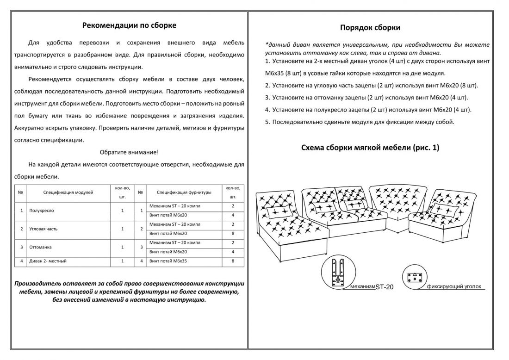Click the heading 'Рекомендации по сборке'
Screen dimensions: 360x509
(x=129, y=25)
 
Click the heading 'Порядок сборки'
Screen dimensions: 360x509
(x=370, y=28)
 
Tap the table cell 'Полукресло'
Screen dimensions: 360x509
(x=41, y=210)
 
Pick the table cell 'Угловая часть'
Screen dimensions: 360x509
(x=43, y=229)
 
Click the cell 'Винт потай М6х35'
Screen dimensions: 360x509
(x=168, y=261)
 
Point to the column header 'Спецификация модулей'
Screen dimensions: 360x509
(x=68, y=192)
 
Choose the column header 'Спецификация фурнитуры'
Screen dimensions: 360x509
(x=184, y=192)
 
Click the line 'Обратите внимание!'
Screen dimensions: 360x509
(x=129, y=152)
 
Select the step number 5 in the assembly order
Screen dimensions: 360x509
(x=267, y=122)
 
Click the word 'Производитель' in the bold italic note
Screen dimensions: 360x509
(x=38, y=283)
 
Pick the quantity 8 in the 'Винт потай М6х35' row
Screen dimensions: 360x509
(x=233, y=261)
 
